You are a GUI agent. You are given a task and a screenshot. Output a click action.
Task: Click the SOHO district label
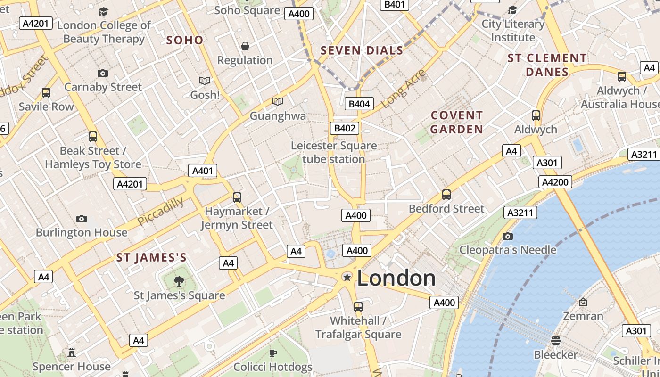click(x=185, y=40)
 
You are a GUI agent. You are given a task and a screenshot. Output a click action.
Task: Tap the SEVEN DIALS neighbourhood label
click(x=362, y=50)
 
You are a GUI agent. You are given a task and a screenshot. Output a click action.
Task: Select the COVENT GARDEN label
click(x=457, y=122)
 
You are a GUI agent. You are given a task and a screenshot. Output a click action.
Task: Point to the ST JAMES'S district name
click(x=151, y=257)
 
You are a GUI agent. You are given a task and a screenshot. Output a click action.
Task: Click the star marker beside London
click(x=347, y=277)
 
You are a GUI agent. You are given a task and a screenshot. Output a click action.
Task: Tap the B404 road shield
click(x=359, y=104)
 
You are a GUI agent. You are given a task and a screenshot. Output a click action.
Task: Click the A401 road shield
click(x=203, y=171)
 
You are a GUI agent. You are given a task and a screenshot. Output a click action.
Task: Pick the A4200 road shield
click(x=556, y=182)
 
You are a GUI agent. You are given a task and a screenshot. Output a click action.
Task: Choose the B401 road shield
click(x=395, y=4)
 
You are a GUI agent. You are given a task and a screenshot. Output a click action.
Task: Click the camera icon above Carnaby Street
click(x=102, y=73)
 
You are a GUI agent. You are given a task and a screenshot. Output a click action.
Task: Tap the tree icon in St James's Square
click(x=179, y=281)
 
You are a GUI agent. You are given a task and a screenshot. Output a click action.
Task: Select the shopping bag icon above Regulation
click(x=245, y=46)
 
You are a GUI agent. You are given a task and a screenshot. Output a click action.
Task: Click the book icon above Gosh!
click(x=205, y=81)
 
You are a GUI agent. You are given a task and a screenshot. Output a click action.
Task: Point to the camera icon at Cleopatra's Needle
click(x=508, y=236)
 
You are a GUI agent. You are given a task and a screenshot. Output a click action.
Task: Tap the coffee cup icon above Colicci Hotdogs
click(x=273, y=353)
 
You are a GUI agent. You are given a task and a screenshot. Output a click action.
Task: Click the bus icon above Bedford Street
click(x=446, y=194)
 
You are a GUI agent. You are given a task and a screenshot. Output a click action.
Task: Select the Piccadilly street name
click(x=161, y=211)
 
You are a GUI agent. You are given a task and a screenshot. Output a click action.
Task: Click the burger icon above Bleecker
click(x=556, y=341)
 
